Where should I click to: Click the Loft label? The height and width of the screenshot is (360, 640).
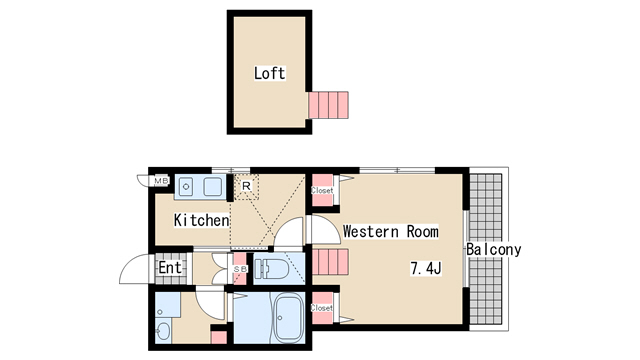[x=269, y=73]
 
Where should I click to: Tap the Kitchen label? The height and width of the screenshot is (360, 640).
[x=201, y=220]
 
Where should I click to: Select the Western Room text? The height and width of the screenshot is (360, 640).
[x=391, y=231]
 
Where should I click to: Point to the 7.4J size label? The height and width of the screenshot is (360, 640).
[x=425, y=269]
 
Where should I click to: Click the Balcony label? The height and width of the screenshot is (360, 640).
[x=493, y=249]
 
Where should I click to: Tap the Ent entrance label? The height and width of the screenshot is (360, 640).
[x=170, y=268]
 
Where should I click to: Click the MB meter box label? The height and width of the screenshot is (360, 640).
[x=161, y=180]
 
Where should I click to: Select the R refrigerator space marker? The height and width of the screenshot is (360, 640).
[x=246, y=186]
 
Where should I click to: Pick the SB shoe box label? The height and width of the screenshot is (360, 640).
[x=240, y=269]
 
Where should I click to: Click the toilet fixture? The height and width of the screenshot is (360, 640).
[x=270, y=269]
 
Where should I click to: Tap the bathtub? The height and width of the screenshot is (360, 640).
[x=289, y=319]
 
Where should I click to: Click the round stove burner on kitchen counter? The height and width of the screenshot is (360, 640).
[x=186, y=187]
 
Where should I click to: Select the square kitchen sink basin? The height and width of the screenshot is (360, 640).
[x=213, y=187]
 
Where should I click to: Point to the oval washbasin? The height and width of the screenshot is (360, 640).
[x=164, y=331]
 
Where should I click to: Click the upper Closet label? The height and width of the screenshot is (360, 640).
[x=322, y=190]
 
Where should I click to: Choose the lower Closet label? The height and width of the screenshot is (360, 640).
[x=322, y=308]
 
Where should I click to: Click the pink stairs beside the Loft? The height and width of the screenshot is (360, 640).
[x=328, y=105]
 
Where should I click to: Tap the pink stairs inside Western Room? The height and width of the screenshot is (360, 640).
[x=330, y=262]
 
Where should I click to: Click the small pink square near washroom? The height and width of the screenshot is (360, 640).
[x=219, y=337]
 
